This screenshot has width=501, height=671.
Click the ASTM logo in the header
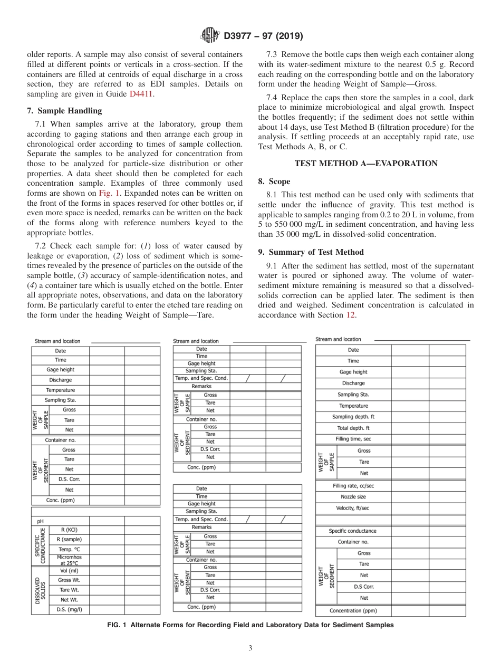tap(210, 36)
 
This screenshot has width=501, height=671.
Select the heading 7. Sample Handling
tap(64, 111)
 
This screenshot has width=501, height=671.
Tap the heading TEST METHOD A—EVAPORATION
tap(365, 164)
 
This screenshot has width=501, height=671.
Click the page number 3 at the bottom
tap(250, 648)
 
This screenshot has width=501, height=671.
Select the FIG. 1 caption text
tap(250, 625)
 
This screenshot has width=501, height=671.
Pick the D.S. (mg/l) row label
tap(69, 609)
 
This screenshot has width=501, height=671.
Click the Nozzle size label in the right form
tap(353, 497)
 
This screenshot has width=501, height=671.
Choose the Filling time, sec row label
tap(353, 439)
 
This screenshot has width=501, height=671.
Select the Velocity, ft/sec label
tap(353, 508)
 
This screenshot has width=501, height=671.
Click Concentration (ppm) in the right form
tap(353, 611)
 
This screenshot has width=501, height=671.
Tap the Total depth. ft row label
tap(353, 428)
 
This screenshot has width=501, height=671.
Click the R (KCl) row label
tap(69, 530)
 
